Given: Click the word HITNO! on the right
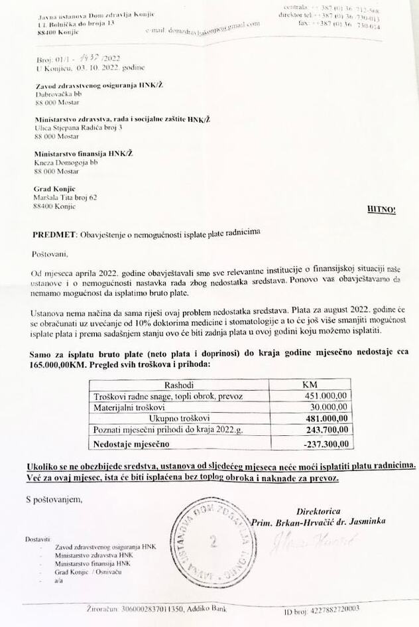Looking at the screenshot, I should [381, 209].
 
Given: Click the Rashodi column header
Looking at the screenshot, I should [180, 384].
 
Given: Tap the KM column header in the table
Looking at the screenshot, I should [310, 384].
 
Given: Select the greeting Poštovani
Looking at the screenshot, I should [50, 253].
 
